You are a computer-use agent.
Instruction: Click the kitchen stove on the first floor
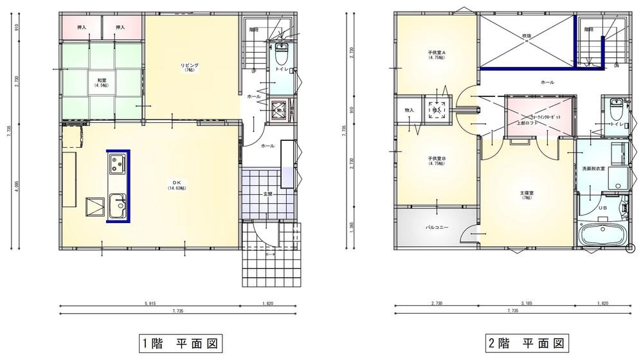(x=118, y=165)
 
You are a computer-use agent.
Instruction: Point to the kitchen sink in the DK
(x=118, y=206)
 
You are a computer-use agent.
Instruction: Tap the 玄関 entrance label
(x=266, y=194)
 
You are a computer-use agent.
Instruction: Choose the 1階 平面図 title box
(x=179, y=344)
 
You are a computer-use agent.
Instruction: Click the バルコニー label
(x=437, y=227)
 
